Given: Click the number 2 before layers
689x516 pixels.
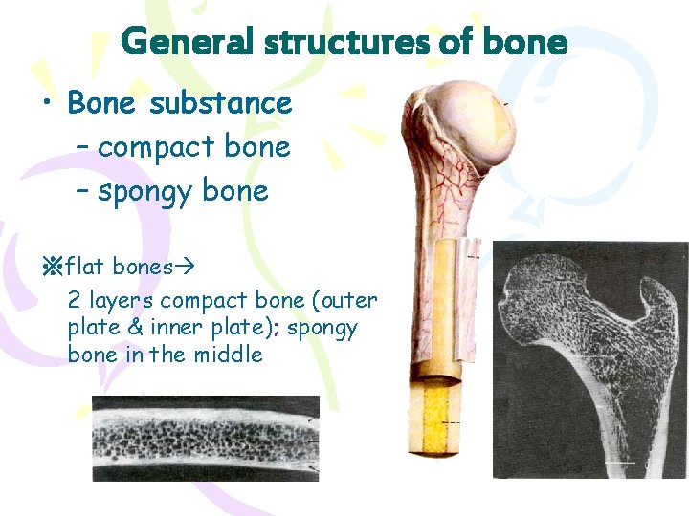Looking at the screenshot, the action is [74, 300].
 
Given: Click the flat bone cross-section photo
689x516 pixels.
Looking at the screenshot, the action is [206, 439].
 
